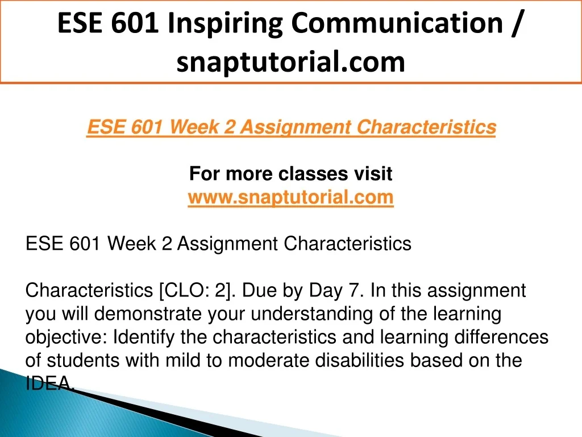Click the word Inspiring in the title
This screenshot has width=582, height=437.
click(225, 24)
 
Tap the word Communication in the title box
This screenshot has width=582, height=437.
click(397, 23)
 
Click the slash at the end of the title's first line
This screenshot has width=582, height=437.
click(516, 23)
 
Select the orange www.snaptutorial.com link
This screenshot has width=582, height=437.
click(290, 197)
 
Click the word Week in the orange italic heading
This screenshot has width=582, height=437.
click(194, 127)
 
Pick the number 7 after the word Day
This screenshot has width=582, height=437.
click(353, 290)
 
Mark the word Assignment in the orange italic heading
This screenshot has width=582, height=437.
click(295, 127)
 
